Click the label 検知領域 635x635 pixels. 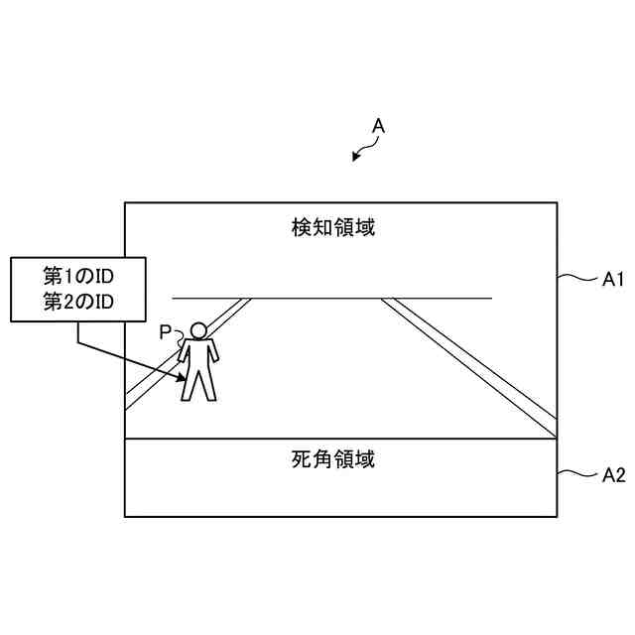coord(333,228)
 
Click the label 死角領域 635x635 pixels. coord(333,459)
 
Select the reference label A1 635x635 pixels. coord(612,281)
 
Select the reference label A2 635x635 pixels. coord(613,475)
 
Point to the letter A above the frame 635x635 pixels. coord(378,127)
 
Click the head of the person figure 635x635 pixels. coord(199,330)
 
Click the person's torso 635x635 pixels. coord(198,354)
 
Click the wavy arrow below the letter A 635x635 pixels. coord(365,150)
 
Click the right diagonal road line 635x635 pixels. coord(466,365)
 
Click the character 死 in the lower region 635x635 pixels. coord(303,459)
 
